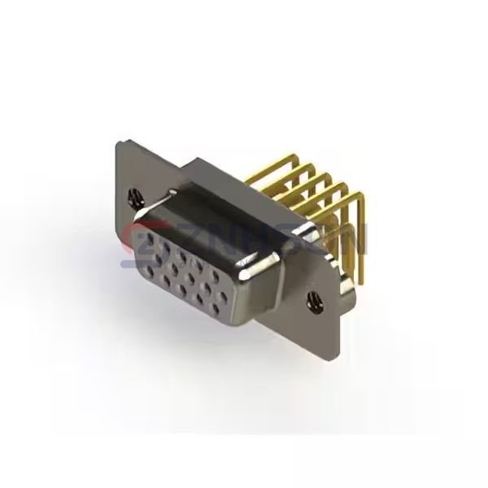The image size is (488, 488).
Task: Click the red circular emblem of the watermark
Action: click(135, 240)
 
